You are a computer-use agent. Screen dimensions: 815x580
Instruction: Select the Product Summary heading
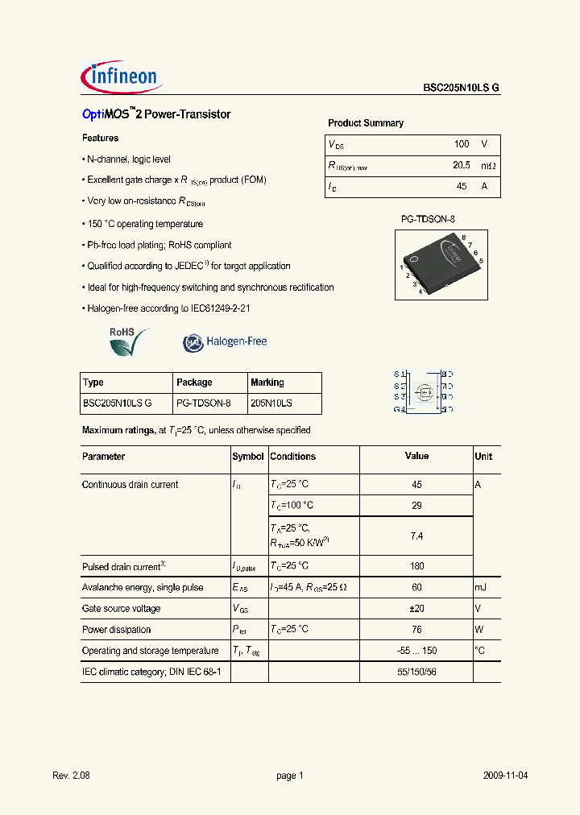pos(366,123)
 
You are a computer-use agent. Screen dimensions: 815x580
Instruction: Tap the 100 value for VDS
pos(461,144)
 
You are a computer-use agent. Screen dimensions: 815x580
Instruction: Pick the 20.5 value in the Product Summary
pos(461,165)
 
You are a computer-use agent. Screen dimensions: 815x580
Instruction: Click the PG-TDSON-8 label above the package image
pos(429,219)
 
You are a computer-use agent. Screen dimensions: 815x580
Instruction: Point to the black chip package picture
pos(440,260)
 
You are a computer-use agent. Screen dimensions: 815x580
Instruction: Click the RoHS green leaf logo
pos(129,341)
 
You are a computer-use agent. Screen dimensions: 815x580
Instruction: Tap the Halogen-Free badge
pos(225,342)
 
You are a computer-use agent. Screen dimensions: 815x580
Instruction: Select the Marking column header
pos(267,383)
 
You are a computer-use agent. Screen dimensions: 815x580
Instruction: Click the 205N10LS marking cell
pos(271,403)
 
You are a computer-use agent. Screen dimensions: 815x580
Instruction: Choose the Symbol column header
pos(248,457)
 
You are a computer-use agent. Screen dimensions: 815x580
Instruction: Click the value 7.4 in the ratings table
pos(416,536)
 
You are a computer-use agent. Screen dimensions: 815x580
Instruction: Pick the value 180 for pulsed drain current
pos(416,566)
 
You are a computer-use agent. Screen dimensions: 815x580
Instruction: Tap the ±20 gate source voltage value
pos(416,609)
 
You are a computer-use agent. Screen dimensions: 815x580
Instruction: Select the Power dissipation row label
pos(115,630)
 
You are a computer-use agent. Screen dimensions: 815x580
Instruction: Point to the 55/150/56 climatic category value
pos(416,672)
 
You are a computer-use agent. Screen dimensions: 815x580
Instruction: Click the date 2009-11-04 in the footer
pos(506,776)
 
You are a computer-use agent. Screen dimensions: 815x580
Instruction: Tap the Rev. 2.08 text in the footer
pos(71,776)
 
